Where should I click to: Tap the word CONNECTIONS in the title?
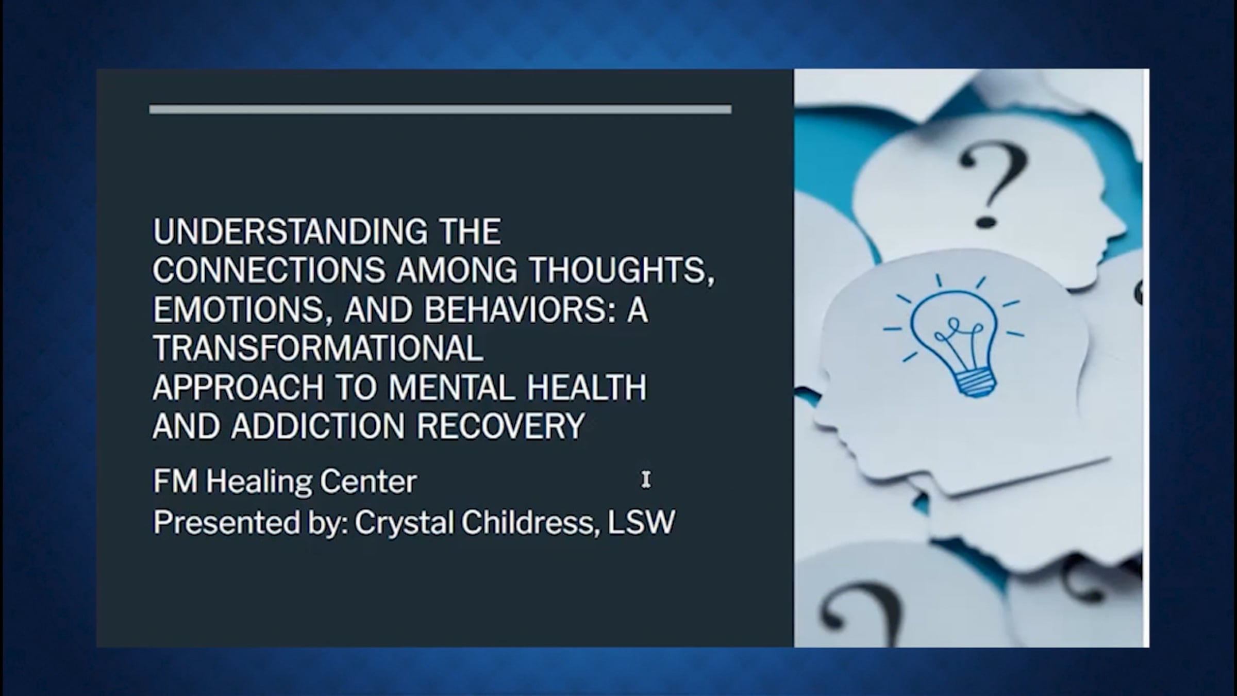269,271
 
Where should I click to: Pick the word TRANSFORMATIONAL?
318,349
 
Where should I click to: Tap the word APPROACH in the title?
238,388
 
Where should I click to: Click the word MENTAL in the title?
452,388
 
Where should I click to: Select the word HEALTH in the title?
587,388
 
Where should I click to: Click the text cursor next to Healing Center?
646,479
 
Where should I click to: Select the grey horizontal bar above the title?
440,109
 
